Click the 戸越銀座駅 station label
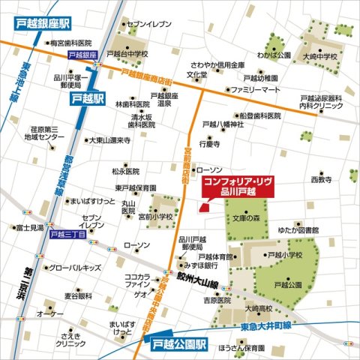(x=48, y=23)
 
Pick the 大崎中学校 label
(x=321, y=57)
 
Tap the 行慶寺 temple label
(x=209, y=142)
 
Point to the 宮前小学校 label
(x=154, y=217)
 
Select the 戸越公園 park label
(x=287, y=285)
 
